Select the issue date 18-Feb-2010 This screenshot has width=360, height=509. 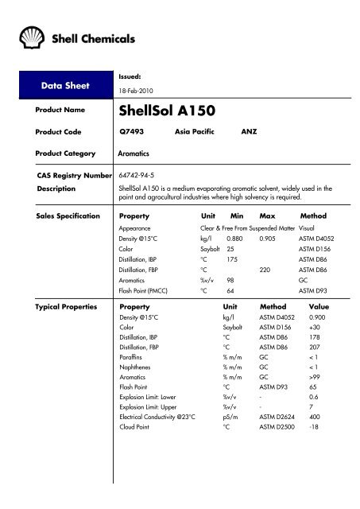coord(136,91)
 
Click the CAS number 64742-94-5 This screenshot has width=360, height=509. coord(140,173)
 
